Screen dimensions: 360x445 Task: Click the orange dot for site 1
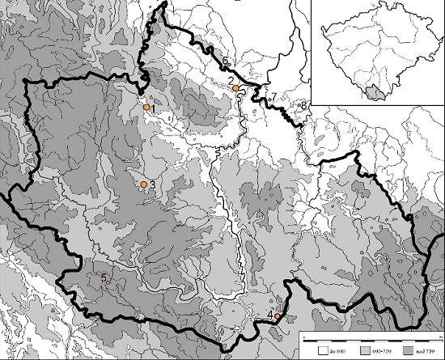146,107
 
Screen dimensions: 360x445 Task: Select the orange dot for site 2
235,88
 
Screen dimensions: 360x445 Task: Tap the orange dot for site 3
144,184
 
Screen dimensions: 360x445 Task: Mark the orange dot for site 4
278,316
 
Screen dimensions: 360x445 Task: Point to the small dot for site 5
108,282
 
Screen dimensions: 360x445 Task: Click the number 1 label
152,108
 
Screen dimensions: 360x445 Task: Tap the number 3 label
151,185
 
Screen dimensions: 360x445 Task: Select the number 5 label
103,277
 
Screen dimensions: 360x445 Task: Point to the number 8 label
305,104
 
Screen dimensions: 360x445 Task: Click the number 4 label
269,315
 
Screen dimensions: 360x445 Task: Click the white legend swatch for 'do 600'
322,352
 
